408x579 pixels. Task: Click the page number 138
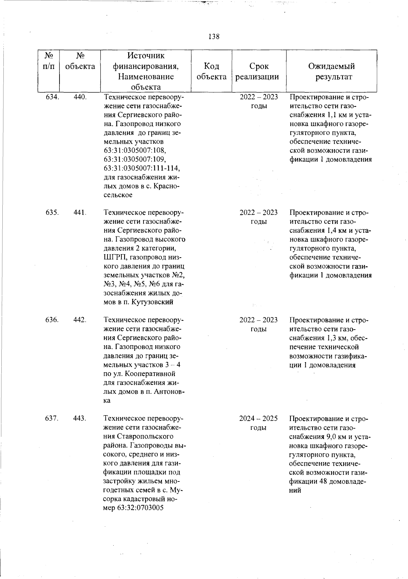[x=214, y=37]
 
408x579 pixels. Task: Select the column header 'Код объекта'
[x=211, y=71]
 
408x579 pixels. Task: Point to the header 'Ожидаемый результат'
[x=331, y=71]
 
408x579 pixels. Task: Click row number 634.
[x=52, y=97]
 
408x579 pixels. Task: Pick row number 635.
[x=52, y=213]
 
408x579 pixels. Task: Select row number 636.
[x=52, y=320]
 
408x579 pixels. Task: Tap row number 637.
[x=52, y=418]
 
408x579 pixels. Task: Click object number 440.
[x=80, y=97]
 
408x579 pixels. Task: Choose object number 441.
[x=80, y=213]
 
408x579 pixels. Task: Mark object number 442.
[x=80, y=320]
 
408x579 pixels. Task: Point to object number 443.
[x=80, y=418]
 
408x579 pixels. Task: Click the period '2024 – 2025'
[x=258, y=418]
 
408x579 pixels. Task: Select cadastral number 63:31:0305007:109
[x=135, y=159]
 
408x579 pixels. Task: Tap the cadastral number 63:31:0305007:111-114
[x=142, y=168]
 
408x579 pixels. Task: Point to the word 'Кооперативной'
[x=148, y=374]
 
